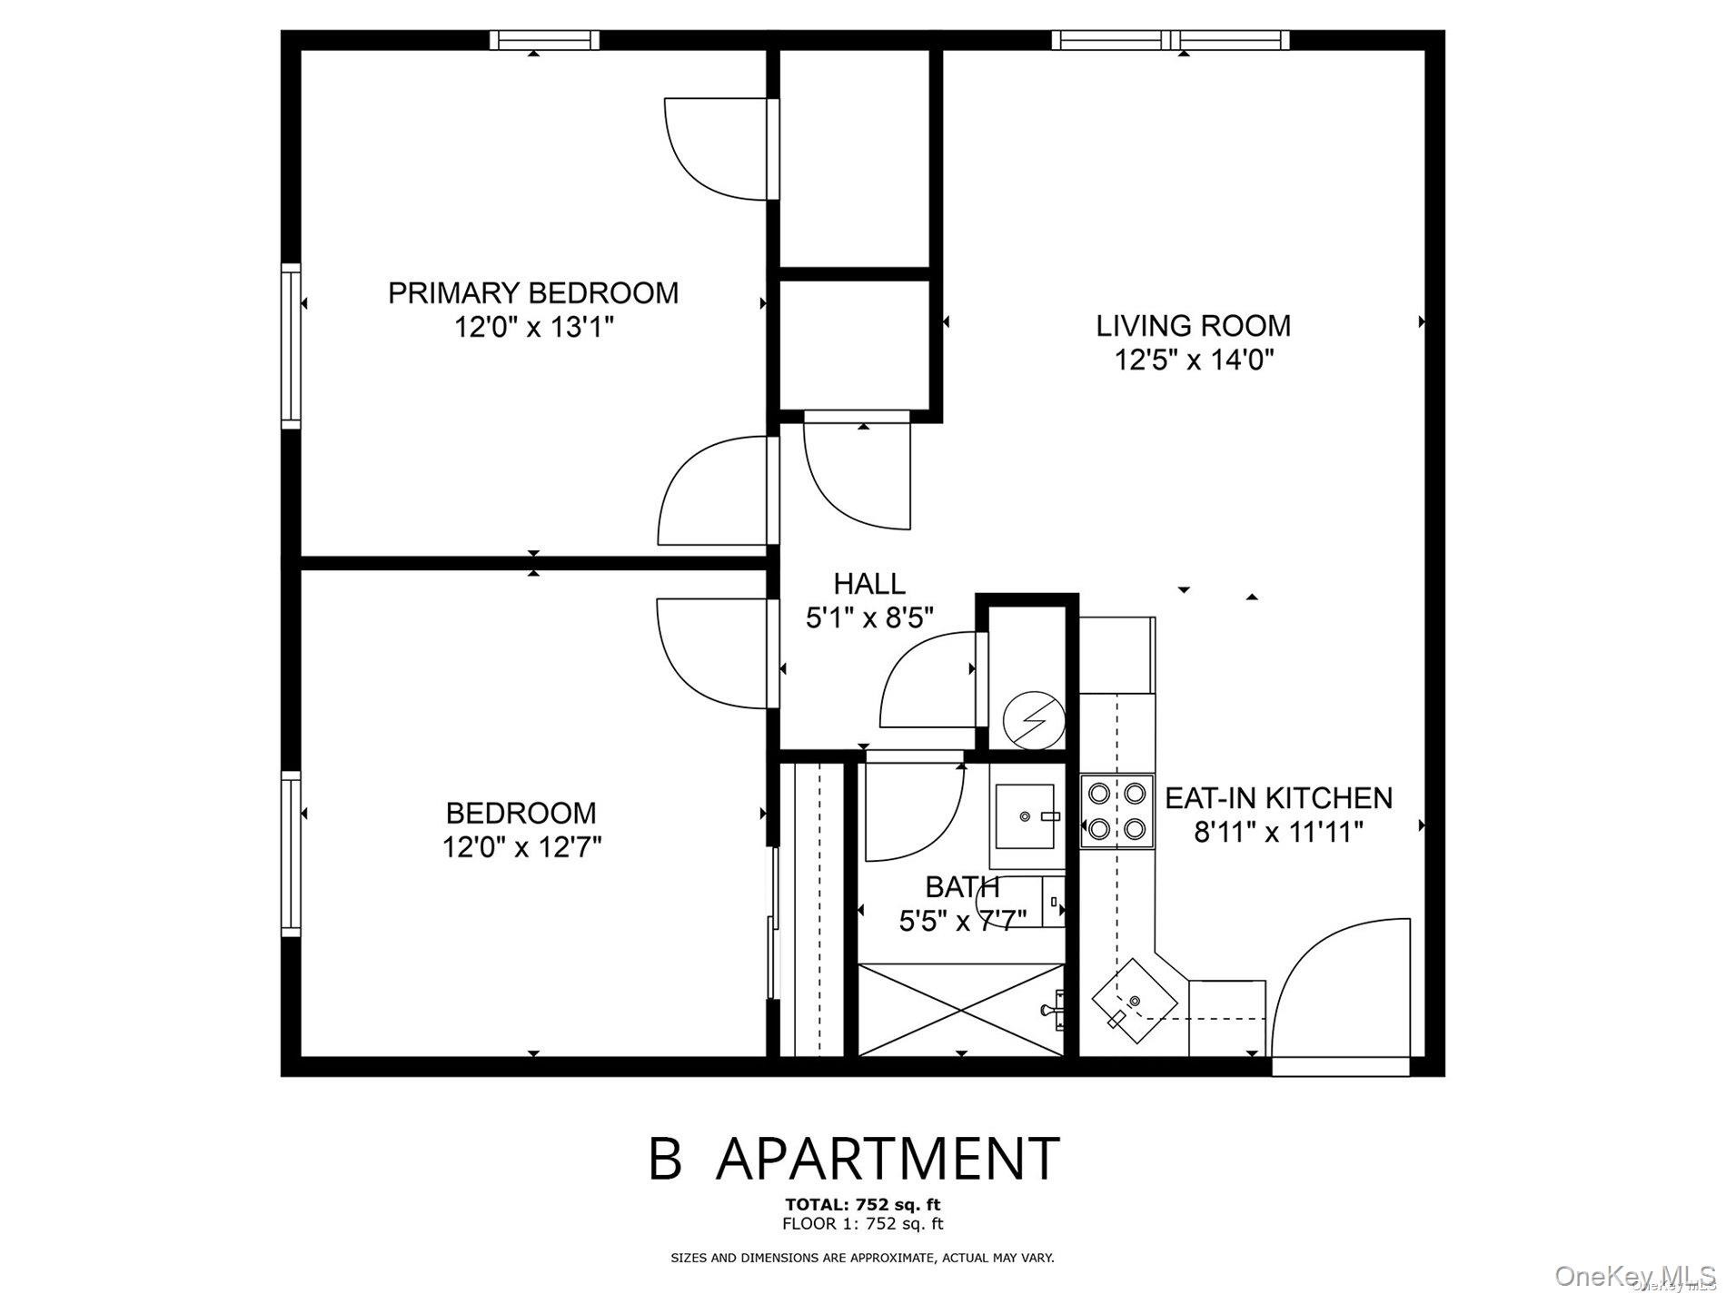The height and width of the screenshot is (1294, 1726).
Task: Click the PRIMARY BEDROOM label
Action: pyautogui.click(x=533, y=293)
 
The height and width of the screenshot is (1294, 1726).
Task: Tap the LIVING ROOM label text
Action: pyautogui.click(x=1193, y=325)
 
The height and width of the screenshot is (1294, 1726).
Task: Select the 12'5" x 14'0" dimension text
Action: pyautogui.click(x=1195, y=361)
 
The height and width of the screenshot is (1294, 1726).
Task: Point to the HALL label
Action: pyautogui.click(x=869, y=583)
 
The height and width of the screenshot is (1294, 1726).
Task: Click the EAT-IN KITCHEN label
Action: pyautogui.click(x=1278, y=798)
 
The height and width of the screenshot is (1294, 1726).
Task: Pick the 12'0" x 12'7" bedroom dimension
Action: pyautogui.click(x=522, y=847)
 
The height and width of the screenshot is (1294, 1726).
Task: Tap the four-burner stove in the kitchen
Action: pyautogui.click(x=1116, y=810)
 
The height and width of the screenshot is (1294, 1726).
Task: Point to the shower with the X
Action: pyautogui.click(x=960, y=1010)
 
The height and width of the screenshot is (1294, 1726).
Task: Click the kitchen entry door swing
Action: pyautogui.click(x=1343, y=990)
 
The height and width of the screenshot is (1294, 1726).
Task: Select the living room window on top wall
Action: pyautogui.click(x=1170, y=40)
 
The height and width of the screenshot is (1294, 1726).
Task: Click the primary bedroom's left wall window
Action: pyautogui.click(x=291, y=345)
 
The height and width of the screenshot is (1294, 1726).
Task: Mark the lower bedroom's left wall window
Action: pyautogui.click(x=291, y=854)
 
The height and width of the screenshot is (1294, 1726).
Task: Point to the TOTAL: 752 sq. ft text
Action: pyautogui.click(x=863, y=1205)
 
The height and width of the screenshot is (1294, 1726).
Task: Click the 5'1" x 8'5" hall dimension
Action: pyautogui.click(x=869, y=618)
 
